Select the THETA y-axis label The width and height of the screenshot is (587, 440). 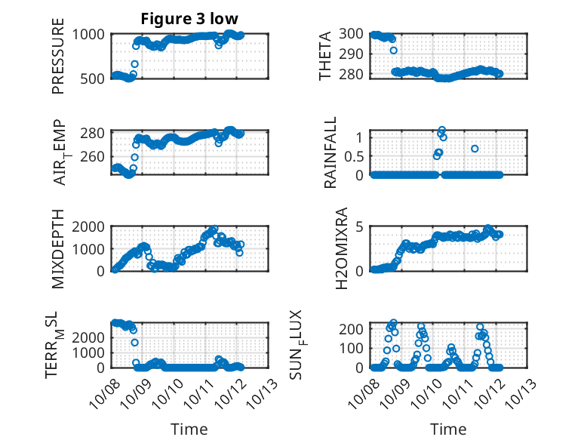point(325,57)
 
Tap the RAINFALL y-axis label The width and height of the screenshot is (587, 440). point(330,158)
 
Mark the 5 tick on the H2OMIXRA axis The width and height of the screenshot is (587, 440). point(361,226)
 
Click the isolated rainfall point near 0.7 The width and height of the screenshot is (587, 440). point(475,149)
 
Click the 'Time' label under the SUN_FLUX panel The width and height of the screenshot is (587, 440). point(448,429)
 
